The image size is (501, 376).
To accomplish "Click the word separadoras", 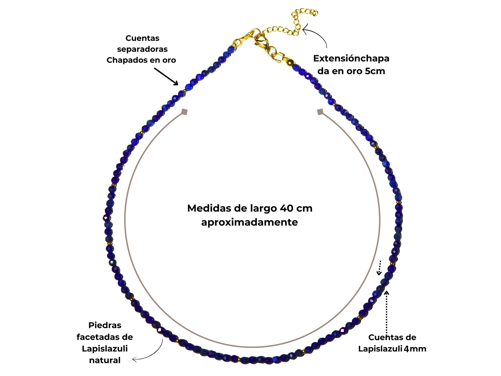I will coord(142,49).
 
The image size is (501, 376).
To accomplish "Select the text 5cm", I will coord(375,71).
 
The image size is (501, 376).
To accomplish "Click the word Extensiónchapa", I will coord(351,58).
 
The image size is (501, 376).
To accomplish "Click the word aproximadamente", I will coord(249,222).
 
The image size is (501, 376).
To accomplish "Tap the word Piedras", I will coord(105,325).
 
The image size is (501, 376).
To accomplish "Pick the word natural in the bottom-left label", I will coord(105,360).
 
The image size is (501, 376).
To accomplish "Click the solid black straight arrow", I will coord(166,76).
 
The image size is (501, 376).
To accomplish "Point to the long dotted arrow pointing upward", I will coord(387,313).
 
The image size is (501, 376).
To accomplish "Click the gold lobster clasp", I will coord(261,40).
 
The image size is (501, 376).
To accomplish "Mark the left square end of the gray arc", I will coord(185,112).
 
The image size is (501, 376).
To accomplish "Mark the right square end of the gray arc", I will coord(320,112).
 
